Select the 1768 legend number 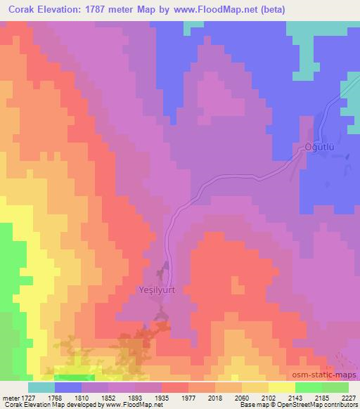pyautogui.click(x=55, y=397)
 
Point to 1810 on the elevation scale pyautogui.click(x=82, y=397)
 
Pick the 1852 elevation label pyautogui.click(x=108, y=397)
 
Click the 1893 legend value pyautogui.click(x=135, y=397)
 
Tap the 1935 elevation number pyautogui.click(x=162, y=397)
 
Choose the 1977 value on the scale pyautogui.click(x=188, y=397)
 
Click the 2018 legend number pyautogui.click(x=215, y=397)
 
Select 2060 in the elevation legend pyautogui.click(x=242, y=397)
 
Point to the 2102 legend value pyautogui.click(x=269, y=397)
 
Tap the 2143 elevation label pyautogui.click(x=295, y=397)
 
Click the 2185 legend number pyautogui.click(x=322, y=397)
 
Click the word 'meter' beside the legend pyautogui.click(x=9, y=397)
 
